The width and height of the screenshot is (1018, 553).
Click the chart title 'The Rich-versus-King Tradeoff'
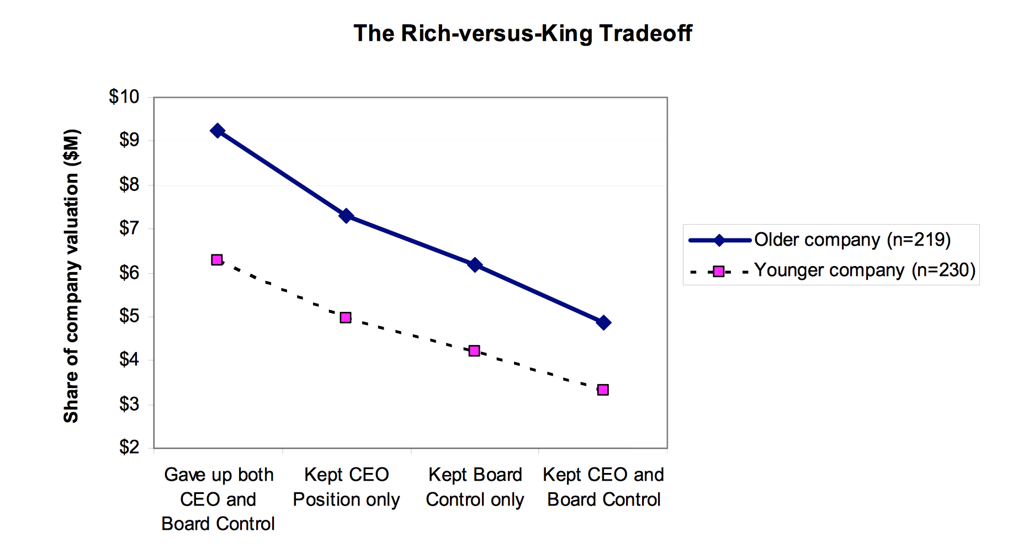click(x=522, y=34)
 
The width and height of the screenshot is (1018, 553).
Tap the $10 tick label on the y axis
click(x=124, y=97)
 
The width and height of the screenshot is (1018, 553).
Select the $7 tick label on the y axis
click(x=129, y=228)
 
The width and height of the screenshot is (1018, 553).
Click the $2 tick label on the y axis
click(x=129, y=446)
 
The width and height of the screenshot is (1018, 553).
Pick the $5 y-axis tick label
click(x=129, y=316)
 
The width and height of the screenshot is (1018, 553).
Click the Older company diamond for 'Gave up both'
click(x=218, y=131)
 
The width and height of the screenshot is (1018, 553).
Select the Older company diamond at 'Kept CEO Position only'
click(x=346, y=216)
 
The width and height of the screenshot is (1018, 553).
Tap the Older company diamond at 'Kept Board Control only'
click(x=475, y=265)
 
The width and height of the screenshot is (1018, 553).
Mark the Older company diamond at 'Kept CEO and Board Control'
click(x=603, y=323)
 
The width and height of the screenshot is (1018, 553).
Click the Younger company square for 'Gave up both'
click(x=217, y=260)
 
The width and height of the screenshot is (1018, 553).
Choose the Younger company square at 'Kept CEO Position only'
click(x=346, y=318)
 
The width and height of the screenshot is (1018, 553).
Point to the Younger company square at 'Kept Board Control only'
click(x=474, y=351)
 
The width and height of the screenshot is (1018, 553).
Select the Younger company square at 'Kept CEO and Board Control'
click(x=603, y=390)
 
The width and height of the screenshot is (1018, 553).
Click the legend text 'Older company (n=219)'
click(x=852, y=240)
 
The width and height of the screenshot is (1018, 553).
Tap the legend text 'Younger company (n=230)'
click(x=865, y=270)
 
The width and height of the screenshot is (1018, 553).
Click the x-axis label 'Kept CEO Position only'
click(x=346, y=487)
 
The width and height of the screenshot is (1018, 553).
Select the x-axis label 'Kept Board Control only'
click(x=475, y=487)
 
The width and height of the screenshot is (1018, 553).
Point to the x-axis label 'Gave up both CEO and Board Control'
click(x=218, y=499)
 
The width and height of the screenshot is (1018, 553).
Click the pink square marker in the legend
click(x=719, y=272)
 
